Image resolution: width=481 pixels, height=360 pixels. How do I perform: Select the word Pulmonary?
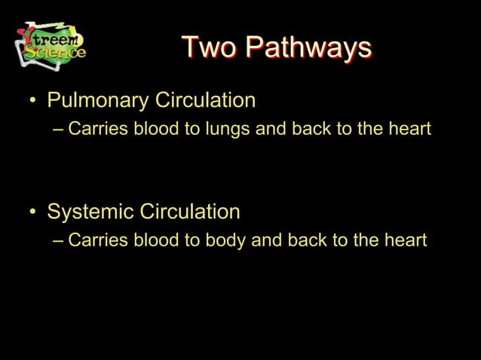[97, 100]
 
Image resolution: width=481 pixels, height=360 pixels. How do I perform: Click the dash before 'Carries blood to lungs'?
[60, 130]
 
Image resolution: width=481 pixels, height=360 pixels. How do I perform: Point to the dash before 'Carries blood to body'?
[60, 241]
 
